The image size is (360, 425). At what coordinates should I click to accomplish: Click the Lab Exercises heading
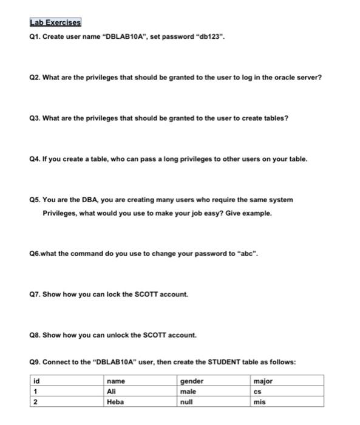point(55,23)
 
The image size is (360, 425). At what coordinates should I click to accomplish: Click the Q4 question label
point(36,159)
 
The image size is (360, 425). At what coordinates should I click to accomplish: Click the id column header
point(37,381)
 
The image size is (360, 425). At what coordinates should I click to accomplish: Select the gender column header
point(192,381)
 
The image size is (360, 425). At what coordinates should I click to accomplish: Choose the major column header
point(264,381)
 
